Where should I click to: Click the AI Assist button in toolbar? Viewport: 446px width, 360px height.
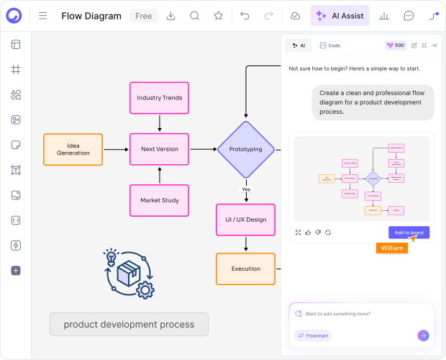point(340,15)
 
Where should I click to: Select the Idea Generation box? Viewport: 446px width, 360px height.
point(73,149)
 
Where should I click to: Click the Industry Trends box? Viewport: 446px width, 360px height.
point(160,97)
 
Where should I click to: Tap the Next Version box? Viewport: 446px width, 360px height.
point(160,149)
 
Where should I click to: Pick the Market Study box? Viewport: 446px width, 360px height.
point(160,200)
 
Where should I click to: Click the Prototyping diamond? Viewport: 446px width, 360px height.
point(246,149)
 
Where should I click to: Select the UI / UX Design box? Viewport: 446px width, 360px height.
point(246,220)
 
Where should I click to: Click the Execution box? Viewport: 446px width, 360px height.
point(246,269)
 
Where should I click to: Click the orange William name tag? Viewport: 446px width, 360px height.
point(391,248)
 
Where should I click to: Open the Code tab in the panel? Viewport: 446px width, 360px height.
point(330,45)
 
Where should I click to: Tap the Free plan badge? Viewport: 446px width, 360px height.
point(143,16)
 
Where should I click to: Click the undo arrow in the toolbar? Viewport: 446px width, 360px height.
point(245,16)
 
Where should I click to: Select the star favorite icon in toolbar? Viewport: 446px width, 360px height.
point(218,16)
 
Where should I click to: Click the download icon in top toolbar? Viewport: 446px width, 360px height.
point(171,16)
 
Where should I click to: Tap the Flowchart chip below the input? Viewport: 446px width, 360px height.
point(313,336)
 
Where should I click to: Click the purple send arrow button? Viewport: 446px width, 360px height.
point(423,335)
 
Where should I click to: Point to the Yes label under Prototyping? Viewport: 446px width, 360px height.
point(246,189)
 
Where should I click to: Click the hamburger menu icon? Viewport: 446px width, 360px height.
point(43,16)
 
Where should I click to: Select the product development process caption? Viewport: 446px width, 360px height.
point(129,324)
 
